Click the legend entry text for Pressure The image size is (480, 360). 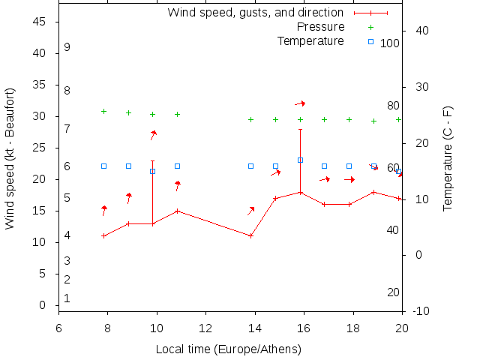320,27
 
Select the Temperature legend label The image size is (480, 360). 310,40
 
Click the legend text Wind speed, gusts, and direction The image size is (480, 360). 255,13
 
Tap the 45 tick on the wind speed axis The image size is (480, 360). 40,22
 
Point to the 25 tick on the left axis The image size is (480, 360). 40,148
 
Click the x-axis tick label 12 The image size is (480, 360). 205,328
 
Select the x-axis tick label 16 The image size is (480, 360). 304,328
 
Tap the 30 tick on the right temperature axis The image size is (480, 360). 419,86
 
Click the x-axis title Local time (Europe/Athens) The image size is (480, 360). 228,349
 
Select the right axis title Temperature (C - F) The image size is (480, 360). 447,158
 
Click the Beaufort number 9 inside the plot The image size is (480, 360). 67,47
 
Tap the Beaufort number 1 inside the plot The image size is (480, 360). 67,298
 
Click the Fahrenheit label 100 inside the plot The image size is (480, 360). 390,43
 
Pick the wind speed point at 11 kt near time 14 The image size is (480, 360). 250,235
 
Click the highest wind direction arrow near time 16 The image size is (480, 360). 300,103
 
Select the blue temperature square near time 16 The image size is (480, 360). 300,160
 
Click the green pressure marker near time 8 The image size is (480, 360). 103,111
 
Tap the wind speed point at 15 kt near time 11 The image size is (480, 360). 177,211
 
